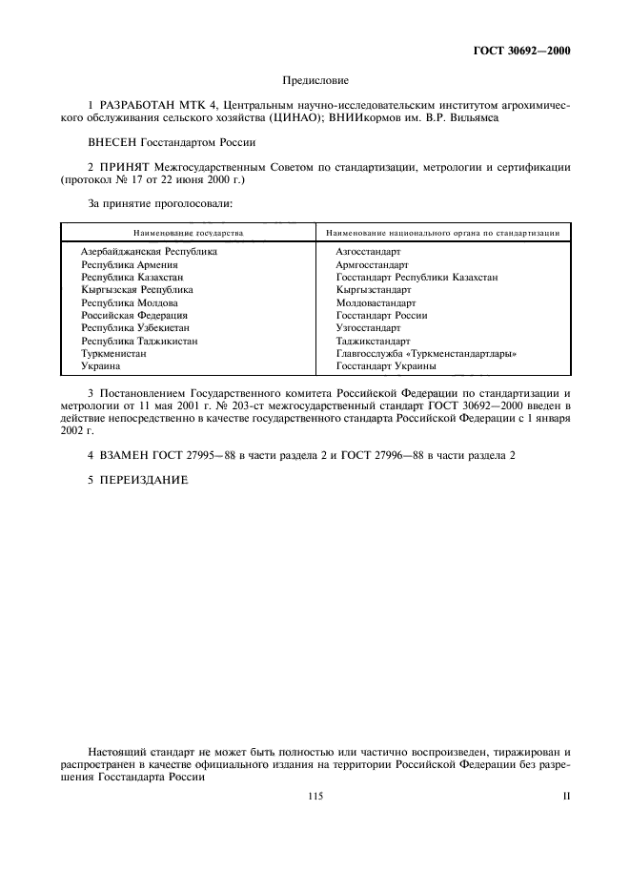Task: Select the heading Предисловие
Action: coord(315,82)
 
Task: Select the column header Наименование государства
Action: coord(188,232)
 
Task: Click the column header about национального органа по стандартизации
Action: coord(442,232)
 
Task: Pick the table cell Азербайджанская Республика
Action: coord(149,252)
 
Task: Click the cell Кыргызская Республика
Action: coord(137,289)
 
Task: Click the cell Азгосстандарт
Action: coord(368,252)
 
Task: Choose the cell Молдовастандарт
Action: coord(376,302)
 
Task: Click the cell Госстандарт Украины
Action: coord(386,365)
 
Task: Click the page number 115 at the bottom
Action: coord(316,796)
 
